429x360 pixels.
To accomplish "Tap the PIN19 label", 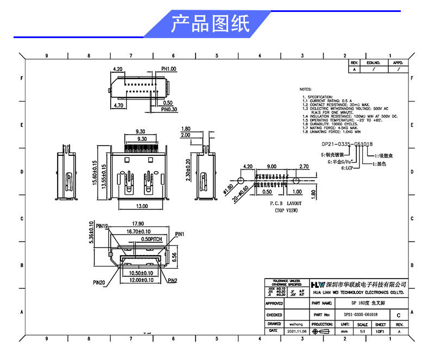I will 103,226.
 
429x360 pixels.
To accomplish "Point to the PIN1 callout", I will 180,234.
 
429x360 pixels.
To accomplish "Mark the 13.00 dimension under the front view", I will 142,206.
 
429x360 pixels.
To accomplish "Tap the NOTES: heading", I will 305,89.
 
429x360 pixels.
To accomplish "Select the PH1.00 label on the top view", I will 169,70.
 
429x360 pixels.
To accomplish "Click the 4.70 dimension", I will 120,105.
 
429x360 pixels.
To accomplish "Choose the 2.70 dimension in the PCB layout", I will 304,166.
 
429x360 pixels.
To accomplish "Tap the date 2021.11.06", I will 296,331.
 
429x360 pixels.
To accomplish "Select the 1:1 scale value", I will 362,331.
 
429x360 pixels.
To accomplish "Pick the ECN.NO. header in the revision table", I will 373,63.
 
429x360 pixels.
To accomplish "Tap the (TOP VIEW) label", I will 286,210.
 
